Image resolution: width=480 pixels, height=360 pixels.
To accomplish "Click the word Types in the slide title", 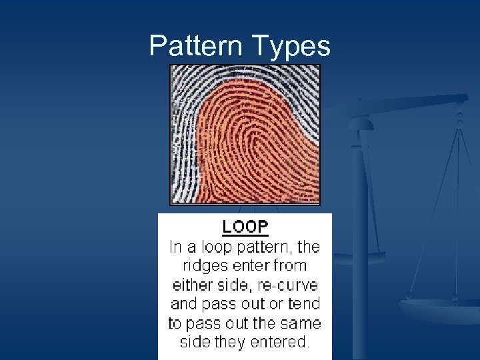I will pos(291,46).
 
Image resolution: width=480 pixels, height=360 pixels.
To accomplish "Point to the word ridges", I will pos(205,266).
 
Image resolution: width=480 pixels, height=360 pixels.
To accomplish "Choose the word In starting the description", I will pos(176,247).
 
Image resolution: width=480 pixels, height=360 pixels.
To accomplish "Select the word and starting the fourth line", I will pos(184,305).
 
